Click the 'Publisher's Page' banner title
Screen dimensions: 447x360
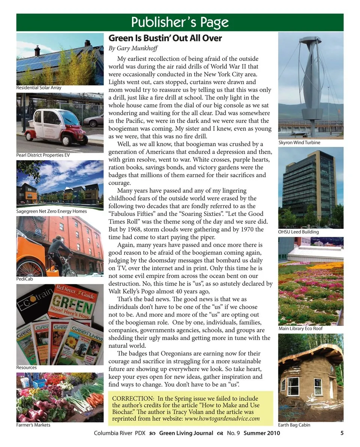point(180,22)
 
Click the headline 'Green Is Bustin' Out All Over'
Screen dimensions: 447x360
point(165,38)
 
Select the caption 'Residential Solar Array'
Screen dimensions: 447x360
point(39,88)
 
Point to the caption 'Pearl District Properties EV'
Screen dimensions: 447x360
point(43,155)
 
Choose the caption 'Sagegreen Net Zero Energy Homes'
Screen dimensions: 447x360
point(51,211)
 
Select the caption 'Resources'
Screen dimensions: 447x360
point(26,368)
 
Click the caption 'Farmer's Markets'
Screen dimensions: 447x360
point(33,425)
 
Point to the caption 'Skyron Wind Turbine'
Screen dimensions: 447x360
point(299,143)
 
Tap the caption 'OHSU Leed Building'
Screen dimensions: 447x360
point(298,232)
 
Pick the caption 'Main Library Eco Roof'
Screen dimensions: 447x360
point(300,329)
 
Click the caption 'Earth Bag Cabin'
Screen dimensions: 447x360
point(294,425)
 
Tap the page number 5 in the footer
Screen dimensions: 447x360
point(342,433)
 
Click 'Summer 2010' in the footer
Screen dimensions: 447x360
point(261,434)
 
